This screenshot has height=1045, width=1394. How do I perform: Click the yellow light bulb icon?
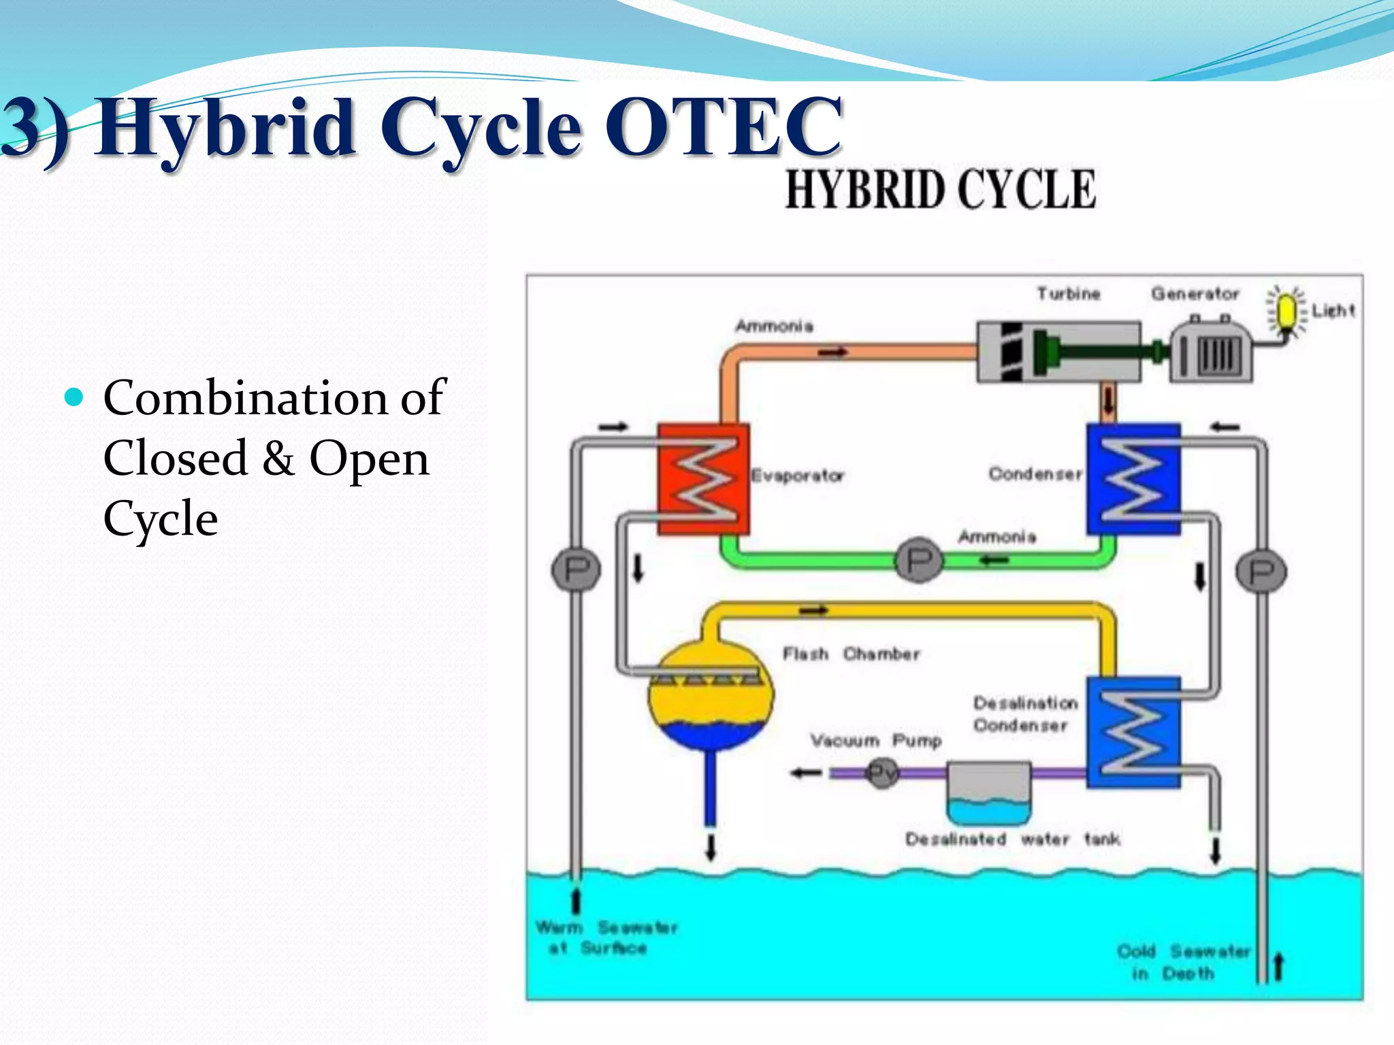(1286, 312)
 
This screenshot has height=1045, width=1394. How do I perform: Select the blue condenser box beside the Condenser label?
(1133, 478)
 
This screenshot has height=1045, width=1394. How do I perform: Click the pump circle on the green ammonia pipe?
(919, 560)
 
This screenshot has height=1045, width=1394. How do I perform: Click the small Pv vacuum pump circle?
(883, 773)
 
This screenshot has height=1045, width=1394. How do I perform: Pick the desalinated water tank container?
(988, 793)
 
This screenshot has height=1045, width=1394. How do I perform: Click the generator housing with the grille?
(1211, 352)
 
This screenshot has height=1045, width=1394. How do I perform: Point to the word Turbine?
(1068, 294)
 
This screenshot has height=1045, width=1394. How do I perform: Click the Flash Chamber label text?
(850, 654)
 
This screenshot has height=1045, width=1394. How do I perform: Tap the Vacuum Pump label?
(875, 740)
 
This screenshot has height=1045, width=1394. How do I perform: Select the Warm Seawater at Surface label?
(606, 938)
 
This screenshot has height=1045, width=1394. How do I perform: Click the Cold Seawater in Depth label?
(1182, 962)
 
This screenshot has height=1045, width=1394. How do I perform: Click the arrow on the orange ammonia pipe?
(832, 352)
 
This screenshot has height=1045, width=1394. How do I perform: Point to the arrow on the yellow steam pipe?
(813, 610)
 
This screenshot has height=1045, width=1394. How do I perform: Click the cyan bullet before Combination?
(74, 397)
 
